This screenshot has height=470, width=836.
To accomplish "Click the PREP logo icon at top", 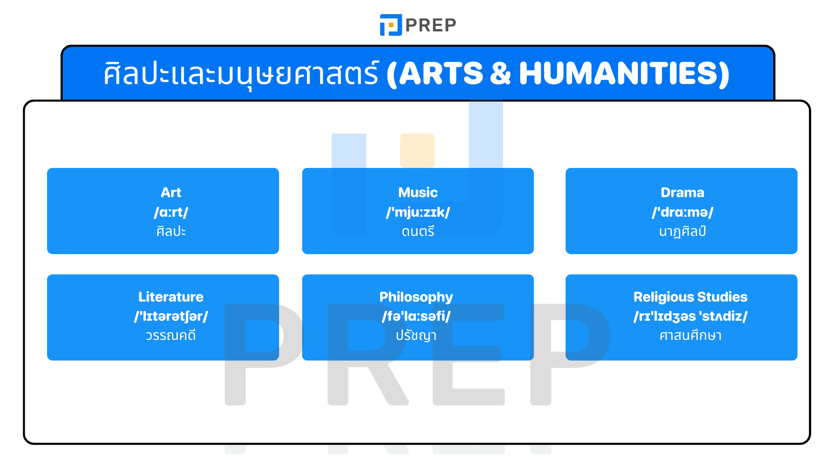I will pos(391,25).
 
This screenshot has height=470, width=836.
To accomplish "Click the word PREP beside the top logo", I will pos(431,25).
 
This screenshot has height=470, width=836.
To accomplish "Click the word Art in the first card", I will pos(171,192).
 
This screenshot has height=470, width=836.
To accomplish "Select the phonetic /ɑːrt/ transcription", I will pos(171,212).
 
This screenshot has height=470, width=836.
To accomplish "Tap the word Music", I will pos(418,192).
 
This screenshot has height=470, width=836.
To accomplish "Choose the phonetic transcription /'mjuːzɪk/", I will pos(418,212).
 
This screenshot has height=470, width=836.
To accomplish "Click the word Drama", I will pos(682,192).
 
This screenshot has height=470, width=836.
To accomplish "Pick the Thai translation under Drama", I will pos(682,232).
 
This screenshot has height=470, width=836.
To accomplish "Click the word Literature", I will pos(171,297).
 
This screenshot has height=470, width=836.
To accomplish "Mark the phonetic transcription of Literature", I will pos(171,316).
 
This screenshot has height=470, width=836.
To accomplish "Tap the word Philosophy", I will pos(416,297).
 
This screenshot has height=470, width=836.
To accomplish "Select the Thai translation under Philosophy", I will pos(416,336).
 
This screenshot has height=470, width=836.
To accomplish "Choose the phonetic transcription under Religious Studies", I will pos(690,316).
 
